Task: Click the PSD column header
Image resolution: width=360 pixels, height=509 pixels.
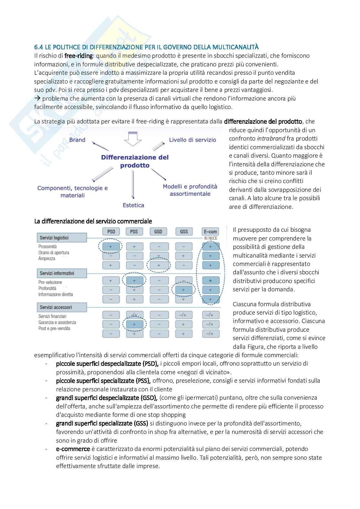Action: point(111,231)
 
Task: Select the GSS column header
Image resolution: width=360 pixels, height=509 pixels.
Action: point(184,231)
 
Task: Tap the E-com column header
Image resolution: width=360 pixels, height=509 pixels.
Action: point(210,231)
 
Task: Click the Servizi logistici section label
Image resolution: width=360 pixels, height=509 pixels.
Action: point(55,238)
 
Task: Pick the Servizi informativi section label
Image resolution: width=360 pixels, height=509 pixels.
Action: point(57,273)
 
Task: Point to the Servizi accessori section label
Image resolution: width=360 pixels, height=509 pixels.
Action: point(56,308)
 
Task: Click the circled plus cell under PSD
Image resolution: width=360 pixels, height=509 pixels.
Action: point(111,247)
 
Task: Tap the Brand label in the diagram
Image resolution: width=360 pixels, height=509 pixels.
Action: point(77,140)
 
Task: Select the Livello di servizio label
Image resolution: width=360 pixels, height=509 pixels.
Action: point(193,140)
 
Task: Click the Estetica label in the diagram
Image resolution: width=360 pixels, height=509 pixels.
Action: point(133,205)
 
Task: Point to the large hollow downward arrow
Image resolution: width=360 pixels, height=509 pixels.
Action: point(133,139)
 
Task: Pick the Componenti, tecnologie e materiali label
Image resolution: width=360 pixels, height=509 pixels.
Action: point(73,191)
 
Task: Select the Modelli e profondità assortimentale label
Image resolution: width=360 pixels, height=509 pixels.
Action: point(190,190)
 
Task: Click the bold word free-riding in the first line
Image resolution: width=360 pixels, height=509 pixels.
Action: point(79,56)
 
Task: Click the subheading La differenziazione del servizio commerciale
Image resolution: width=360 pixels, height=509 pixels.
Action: point(93,221)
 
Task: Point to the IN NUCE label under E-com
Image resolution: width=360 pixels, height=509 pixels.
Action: point(211,238)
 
